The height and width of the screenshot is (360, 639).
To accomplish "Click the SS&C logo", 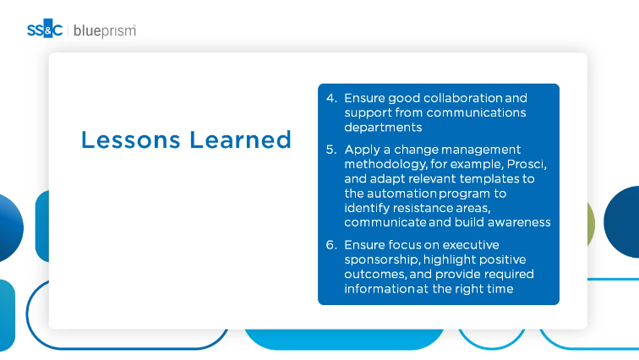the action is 45,29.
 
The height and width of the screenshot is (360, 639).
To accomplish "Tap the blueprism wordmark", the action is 105,31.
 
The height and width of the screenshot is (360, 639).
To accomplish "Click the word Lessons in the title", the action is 130,139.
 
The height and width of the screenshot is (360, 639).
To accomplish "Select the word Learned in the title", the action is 240,139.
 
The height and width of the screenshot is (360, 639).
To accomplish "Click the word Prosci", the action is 527,164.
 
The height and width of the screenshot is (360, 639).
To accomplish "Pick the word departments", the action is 383,128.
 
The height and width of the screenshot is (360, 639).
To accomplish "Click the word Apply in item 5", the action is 363,150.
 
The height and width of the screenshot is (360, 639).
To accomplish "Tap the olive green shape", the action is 591,224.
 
